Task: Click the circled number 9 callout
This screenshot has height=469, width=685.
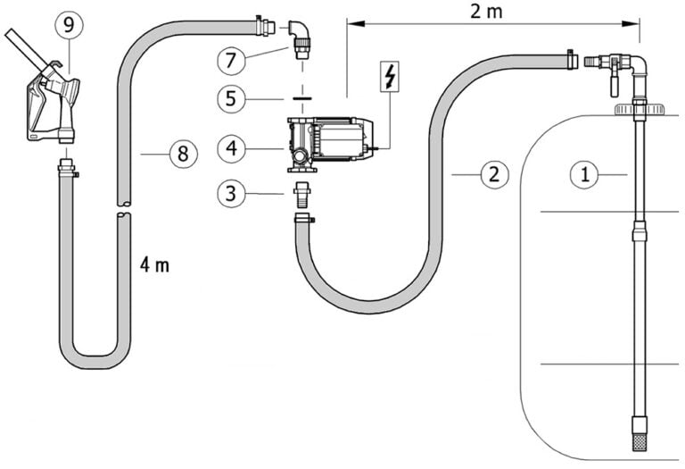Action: click(x=69, y=26)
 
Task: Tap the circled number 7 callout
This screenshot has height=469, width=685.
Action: click(x=231, y=61)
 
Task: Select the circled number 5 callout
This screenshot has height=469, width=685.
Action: click(x=231, y=99)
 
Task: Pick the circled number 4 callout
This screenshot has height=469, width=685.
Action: click(x=231, y=149)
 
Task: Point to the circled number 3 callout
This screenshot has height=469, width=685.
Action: click(x=231, y=193)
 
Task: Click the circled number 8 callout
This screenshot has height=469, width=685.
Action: click(x=184, y=154)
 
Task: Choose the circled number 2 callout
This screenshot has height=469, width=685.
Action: click(x=494, y=175)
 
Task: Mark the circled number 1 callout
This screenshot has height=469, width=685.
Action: click(x=584, y=175)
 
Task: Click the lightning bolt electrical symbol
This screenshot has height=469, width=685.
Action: click(x=390, y=77)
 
